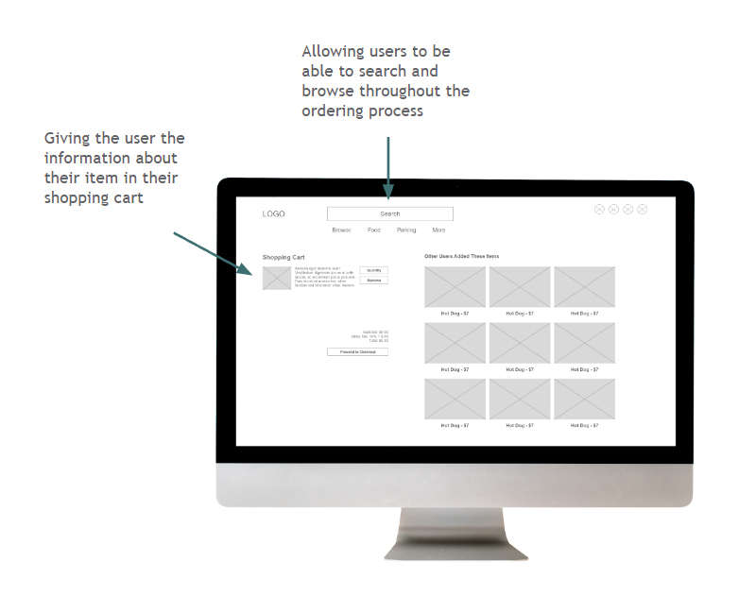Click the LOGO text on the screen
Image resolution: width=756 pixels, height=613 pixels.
pyautogui.click(x=273, y=214)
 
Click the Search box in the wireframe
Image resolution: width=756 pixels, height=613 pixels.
pyautogui.click(x=389, y=214)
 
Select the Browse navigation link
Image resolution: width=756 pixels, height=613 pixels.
pyautogui.click(x=341, y=230)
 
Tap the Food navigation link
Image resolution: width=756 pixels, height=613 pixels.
pyautogui.click(x=374, y=230)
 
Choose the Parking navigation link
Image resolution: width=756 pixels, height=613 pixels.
pyautogui.click(x=406, y=230)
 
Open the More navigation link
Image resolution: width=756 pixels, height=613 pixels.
pyautogui.click(x=438, y=230)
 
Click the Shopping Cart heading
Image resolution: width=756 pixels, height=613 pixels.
pyautogui.click(x=283, y=257)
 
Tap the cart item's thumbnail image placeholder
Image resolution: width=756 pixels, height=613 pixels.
pyautogui.click(x=277, y=278)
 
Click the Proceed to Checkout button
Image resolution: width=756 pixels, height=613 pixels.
pyautogui.click(x=357, y=352)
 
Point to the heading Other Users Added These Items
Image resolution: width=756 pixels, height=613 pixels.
pyautogui.click(x=461, y=257)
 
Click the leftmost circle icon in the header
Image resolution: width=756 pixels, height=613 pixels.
pyautogui.click(x=599, y=210)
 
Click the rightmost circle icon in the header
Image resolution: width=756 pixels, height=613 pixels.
pyautogui.click(x=643, y=210)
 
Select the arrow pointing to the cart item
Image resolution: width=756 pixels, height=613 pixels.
pyautogui.click(x=214, y=252)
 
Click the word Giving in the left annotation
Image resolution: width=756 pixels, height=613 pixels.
pyautogui.click(x=67, y=139)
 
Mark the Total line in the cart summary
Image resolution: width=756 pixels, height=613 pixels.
pyautogui.click(x=378, y=340)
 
